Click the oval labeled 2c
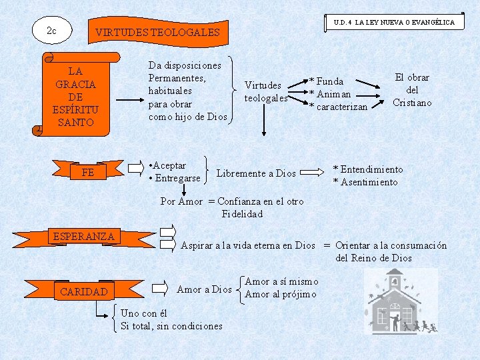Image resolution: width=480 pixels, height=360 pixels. (51, 31)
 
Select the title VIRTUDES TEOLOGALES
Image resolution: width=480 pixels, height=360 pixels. (157, 32)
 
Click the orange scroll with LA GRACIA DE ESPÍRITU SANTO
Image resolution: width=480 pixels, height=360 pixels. (75, 96)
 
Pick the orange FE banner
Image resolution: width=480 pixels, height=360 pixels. (88, 173)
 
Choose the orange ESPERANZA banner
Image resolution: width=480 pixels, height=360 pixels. (83, 237)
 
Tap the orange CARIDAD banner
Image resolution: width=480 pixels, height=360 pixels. (83, 291)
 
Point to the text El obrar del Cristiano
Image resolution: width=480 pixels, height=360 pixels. (412, 90)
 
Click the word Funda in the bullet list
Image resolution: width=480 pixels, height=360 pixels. (330, 81)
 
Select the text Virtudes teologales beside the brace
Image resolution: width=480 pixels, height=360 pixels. (266, 91)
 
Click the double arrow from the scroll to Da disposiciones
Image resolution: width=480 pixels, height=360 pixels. (126, 101)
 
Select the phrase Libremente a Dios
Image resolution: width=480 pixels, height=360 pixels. (256, 173)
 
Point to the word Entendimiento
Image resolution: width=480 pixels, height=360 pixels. (372, 169)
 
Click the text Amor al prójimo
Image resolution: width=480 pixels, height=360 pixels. (281, 295)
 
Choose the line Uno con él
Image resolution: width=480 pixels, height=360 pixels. (144, 313)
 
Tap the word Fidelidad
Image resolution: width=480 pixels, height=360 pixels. (242, 214)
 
